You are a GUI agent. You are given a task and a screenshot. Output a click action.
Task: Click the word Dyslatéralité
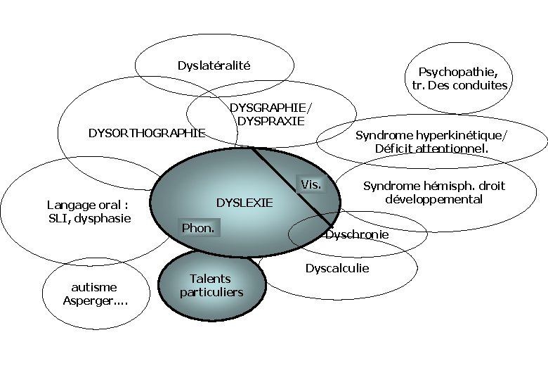[214, 66]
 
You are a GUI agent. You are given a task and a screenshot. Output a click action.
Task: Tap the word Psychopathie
[457, 72]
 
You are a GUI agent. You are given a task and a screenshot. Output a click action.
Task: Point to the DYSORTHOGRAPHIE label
[146, 132]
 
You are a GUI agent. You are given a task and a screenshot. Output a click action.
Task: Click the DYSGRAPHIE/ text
[270, 107]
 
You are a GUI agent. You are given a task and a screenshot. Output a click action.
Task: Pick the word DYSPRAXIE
[271, 120]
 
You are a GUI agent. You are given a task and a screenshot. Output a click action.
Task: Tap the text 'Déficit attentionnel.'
[431, 148]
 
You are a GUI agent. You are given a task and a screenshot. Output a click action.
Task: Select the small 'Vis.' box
[311, 185]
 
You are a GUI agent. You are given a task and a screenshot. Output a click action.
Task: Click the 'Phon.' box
[197, 228]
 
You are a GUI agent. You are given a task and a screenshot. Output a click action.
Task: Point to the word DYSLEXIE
[244, 203]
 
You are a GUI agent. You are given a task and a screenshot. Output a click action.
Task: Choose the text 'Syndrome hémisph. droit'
[433, 186]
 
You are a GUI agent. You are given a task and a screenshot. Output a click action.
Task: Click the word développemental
[433, 199]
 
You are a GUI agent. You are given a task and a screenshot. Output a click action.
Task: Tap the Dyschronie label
[357, 234]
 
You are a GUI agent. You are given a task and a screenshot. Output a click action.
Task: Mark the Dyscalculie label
[337, 268]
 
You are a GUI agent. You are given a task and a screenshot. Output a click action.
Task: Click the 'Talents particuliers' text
[211, 285]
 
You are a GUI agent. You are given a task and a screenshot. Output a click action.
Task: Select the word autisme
[94, 287]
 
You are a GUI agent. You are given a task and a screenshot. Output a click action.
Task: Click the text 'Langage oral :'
[89, 205]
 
